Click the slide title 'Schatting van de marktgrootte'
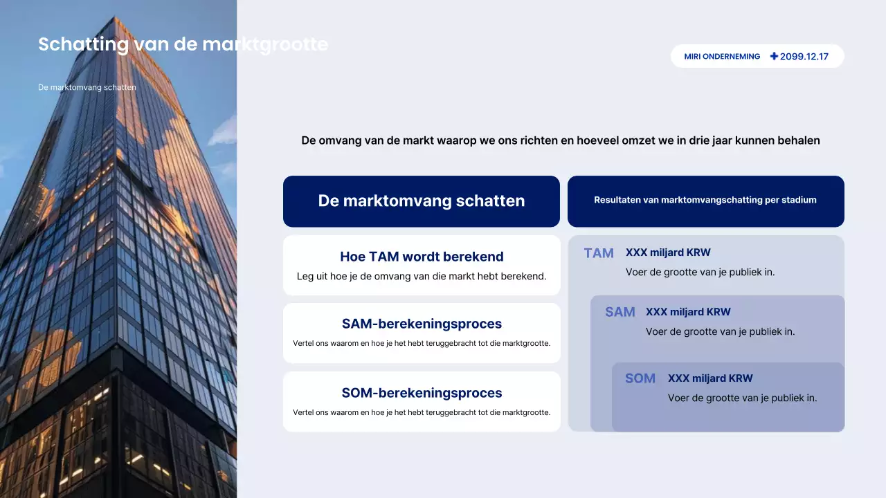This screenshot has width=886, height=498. tap(183, 44)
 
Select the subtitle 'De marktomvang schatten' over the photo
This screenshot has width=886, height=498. tap(87, 88)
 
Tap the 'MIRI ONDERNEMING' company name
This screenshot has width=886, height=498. tap(722, 57)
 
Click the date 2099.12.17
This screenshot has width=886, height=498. tap(804, 57)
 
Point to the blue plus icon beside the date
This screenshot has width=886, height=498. tap(774, 56)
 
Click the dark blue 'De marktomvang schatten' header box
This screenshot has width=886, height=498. tap(421, 201)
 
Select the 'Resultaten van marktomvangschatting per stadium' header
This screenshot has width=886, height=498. tap(705, 201)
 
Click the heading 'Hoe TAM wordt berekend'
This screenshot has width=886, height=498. tap(422, 257)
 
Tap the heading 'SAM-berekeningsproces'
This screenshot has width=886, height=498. tap(422, 324)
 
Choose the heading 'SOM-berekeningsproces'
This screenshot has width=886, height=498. tap(422, 393)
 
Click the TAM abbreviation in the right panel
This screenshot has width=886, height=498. tap(599, 253)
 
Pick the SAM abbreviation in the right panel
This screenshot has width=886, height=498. tap(620, 312)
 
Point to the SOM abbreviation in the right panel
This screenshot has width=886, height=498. tap(640, 378)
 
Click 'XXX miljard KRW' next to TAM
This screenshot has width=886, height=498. tap(667, 252)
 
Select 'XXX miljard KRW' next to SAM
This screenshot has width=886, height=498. tap(687, 312)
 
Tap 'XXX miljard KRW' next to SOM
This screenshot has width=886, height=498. tap(709, 378)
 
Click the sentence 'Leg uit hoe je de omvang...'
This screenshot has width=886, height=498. tap(422, 276)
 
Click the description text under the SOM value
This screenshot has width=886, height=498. tap(742, 398)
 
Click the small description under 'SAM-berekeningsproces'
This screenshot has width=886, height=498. tap(422, 343)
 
